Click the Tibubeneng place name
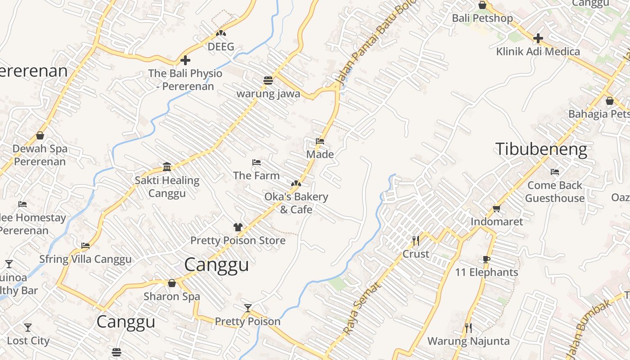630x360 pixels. (x=541, y=149)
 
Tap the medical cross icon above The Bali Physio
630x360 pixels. (x=185, y=60)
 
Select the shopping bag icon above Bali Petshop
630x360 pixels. (x=482, y=5)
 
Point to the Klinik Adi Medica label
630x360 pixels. (x=538, y=52)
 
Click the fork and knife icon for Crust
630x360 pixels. (x=416, y=241)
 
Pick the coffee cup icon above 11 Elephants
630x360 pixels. (x=486, y=259)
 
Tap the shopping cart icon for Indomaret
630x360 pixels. (x=496, y=208)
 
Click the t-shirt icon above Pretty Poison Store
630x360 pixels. (x=238, y=227)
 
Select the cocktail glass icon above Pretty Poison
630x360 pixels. (x=247, y=308)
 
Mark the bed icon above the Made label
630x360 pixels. (x=320, y=141)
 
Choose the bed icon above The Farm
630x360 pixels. (x=256, y=162)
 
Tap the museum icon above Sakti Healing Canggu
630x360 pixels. (x=167, y=167)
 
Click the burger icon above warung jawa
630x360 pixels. (x=268, y=81)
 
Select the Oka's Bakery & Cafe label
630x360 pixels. (x=296, y=203)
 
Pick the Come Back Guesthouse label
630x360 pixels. (x=554, y=192)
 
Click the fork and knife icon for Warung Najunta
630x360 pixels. (x=468, y=328)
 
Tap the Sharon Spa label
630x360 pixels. (x=171, y=297)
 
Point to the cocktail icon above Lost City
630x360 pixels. (x=28, y=328)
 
